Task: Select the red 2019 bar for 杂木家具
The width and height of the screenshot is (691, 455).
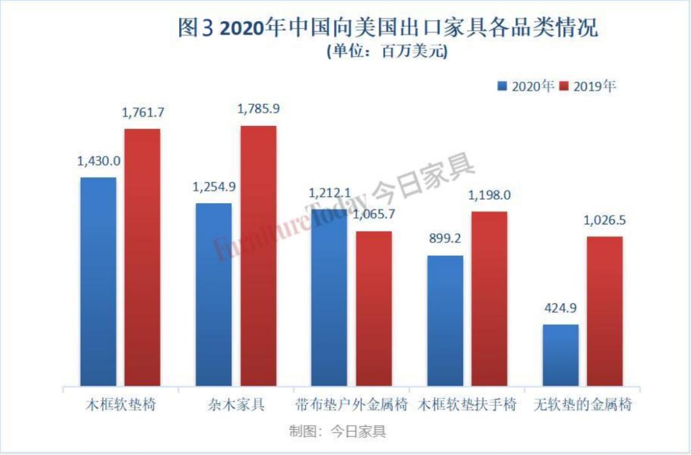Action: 258,256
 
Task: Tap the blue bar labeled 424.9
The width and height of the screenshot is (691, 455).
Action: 560,355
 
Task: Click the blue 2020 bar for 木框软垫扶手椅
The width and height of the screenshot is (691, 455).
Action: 445,320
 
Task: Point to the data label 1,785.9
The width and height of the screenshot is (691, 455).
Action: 258,109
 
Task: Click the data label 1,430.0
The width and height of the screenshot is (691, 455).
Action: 98,162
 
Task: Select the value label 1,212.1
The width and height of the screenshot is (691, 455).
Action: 330,192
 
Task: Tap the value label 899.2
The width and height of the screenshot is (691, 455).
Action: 445,240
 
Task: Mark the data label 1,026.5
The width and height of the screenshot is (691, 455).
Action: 605,220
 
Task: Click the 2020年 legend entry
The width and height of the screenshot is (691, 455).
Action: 526,86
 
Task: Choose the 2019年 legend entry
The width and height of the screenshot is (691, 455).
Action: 587,86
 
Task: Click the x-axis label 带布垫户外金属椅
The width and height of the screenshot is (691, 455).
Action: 352,405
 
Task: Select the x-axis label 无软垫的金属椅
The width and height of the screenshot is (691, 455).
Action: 582,405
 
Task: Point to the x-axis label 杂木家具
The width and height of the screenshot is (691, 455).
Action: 236,405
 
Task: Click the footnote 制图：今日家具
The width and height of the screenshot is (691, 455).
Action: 337,432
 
